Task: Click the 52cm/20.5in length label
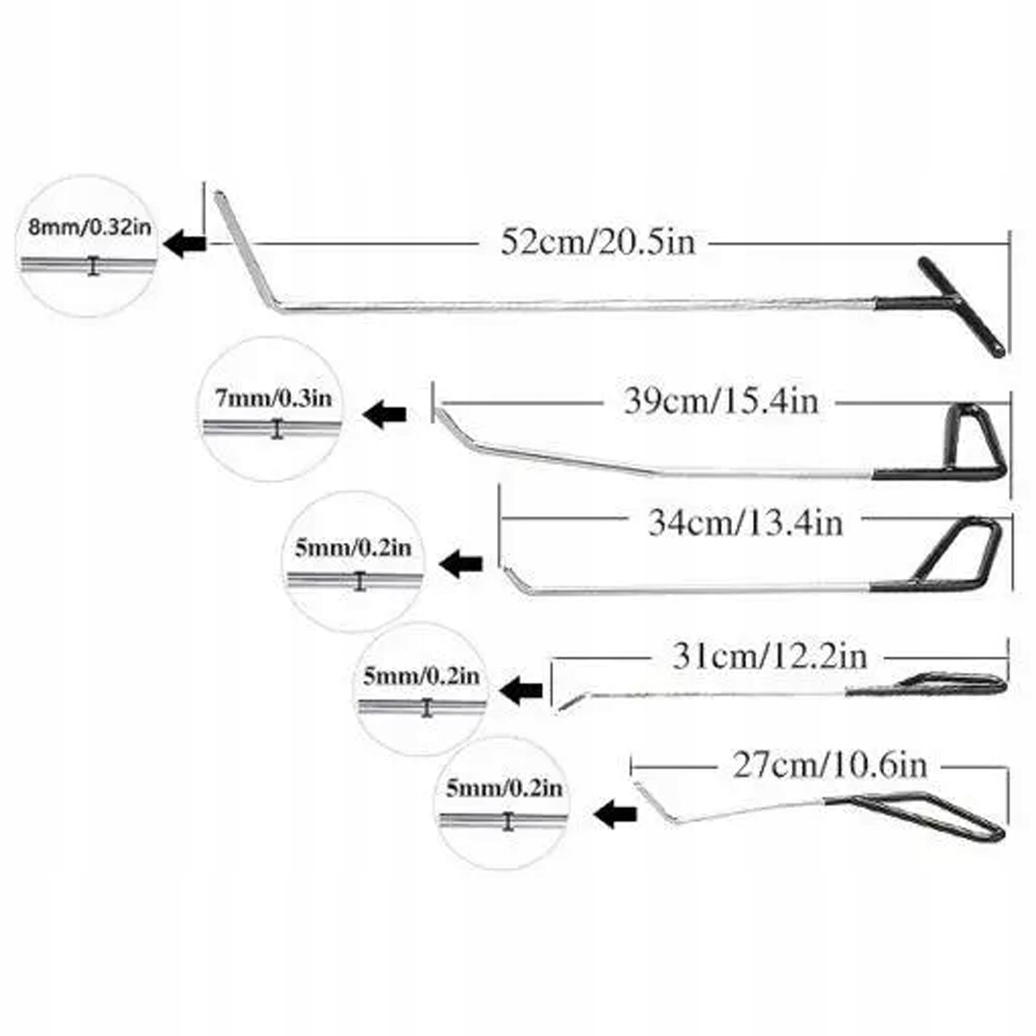597,242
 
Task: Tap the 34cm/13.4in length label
745,523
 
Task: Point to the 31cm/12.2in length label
769,657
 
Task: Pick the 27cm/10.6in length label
830,766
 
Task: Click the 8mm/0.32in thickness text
89,227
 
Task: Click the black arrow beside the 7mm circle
384,414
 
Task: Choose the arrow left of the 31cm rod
521,690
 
